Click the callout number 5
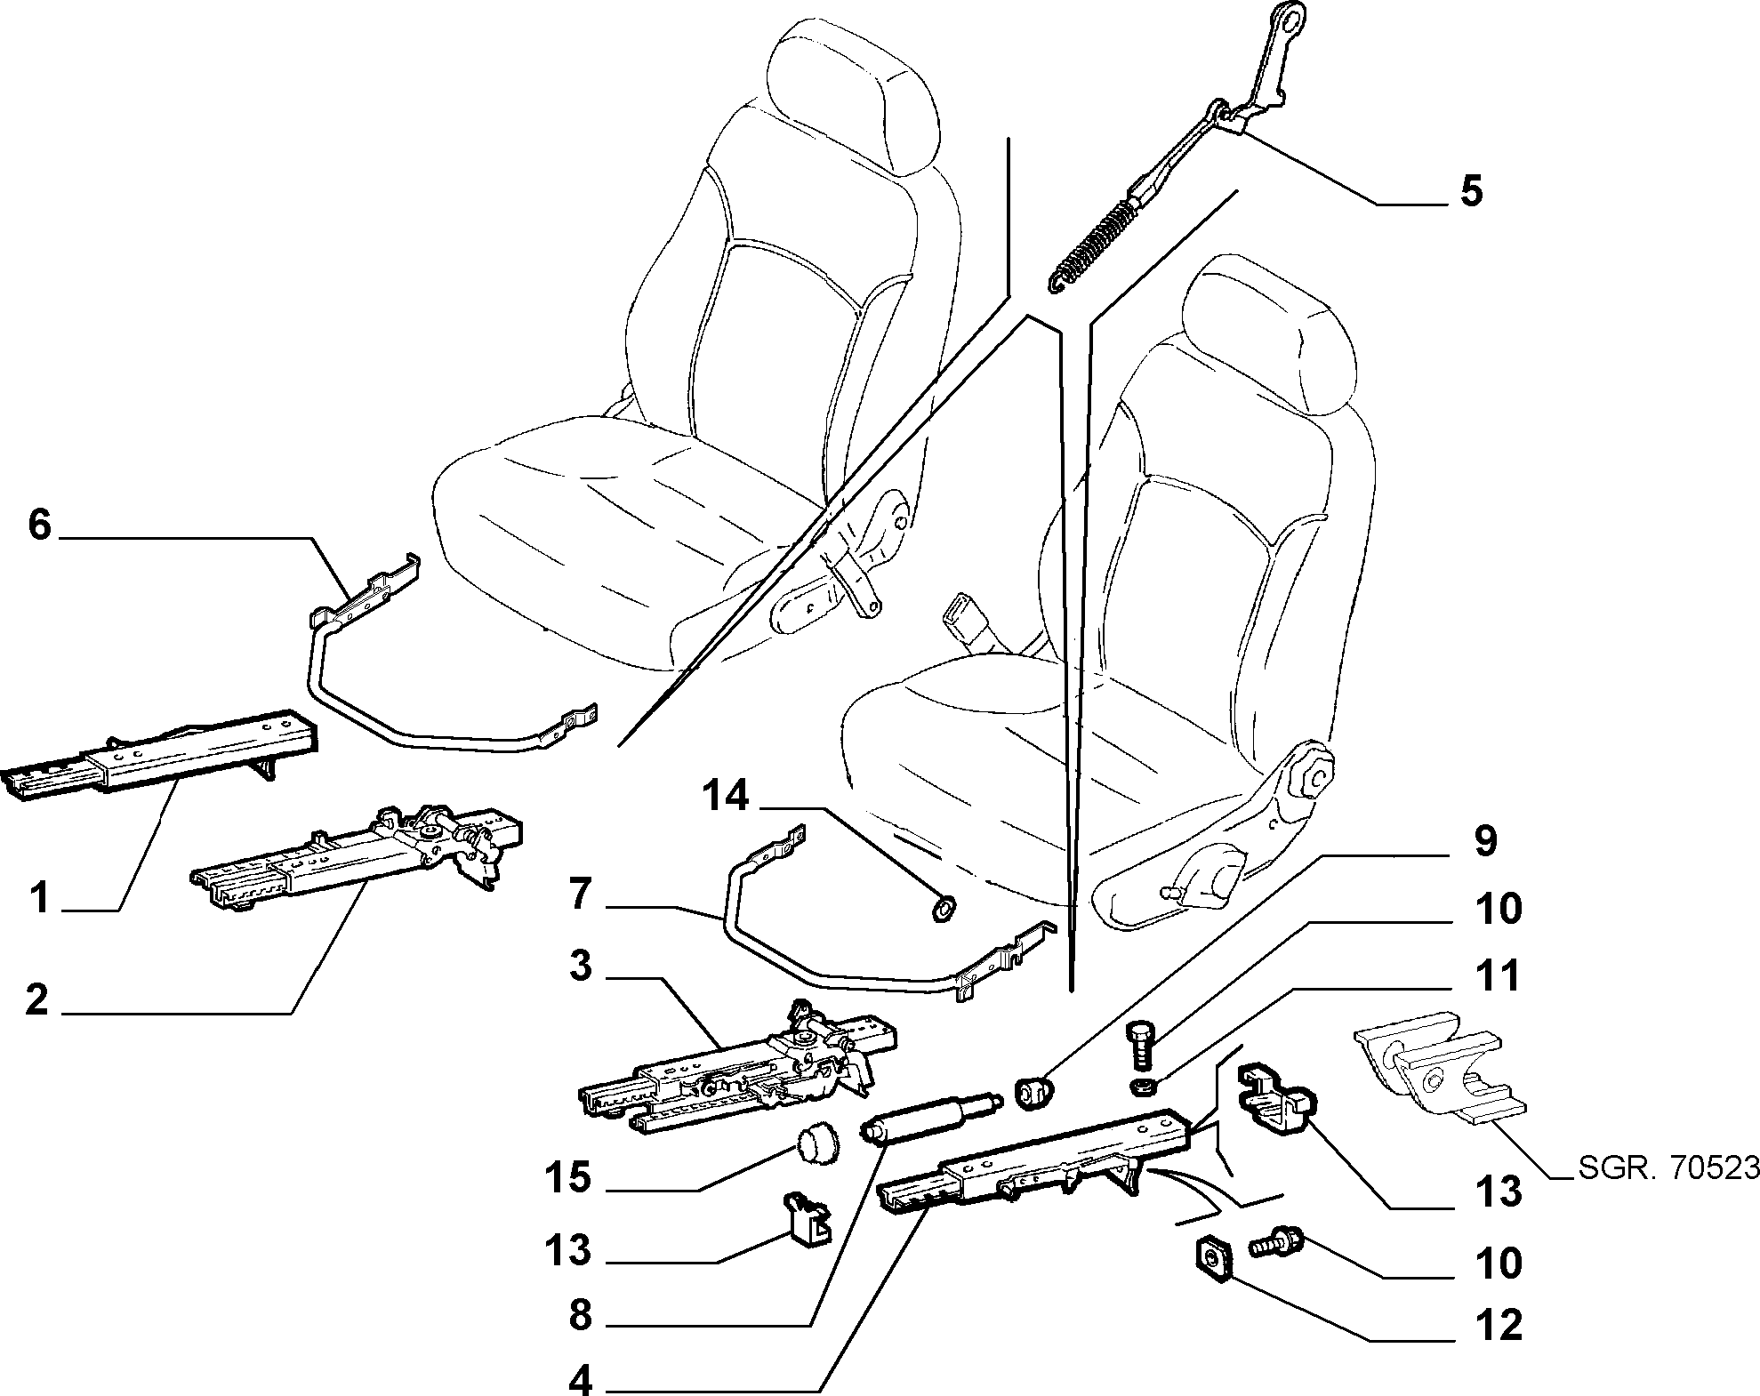[x=1471, y=191]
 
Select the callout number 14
[x=727, y=797]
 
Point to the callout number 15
[x=567, y=1178]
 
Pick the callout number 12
[x=1499, y=1327]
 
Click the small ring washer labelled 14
[x=941, y=908]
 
